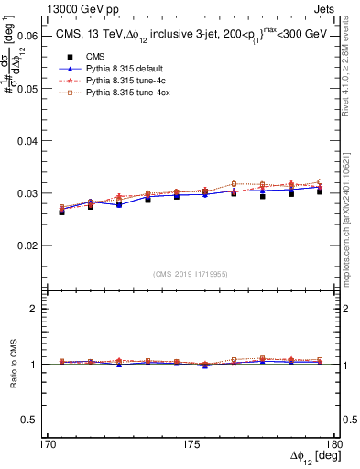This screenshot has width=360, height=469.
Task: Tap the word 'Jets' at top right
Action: [x=322, y=8]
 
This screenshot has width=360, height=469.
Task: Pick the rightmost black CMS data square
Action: [x=320, y=191]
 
